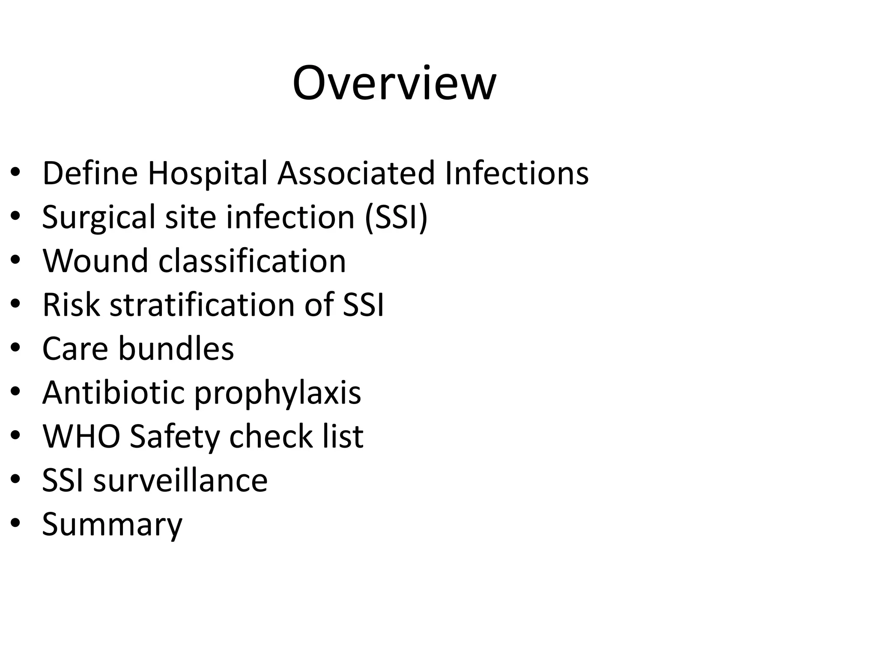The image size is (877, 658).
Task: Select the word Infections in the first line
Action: pyautogui.click(x=516, y=173)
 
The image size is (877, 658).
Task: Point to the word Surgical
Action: pyautogui.click(x=98, y=217)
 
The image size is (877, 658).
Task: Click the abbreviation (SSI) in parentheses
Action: pyautogui.click(x=396, y=217)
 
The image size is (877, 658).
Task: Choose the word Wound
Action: pyautogui.click(x=95, y=261)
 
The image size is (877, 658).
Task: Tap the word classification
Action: pyautogui.click(x=252, y=261)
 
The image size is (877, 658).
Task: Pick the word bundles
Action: pyautogui.click(x=176, y=348)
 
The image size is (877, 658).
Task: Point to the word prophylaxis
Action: pyautogui.click(x=277, y=393)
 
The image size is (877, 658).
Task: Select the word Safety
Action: pyautogui.click(x=175, y=437)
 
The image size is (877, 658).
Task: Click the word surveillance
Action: pyautogui.click(x=180, y=480)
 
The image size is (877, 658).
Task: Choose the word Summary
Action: pyautogui.click(x=112, y=525)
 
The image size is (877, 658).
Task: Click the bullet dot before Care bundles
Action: pyautogui.click(x=15, y=349)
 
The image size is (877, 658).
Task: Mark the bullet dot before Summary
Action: pyautogui.click(x=15, y=524)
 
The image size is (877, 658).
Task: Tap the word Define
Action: pyautogui.click(x=90, y=173)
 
